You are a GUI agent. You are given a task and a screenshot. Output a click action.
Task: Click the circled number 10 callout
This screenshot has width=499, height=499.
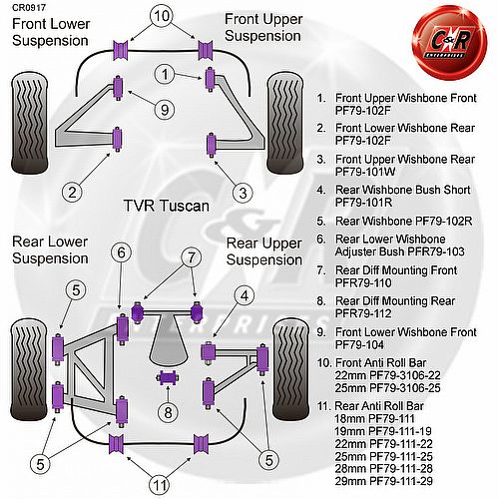tap(162, 16)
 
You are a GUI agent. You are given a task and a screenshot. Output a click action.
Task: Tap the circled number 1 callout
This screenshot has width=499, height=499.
tap(165, 74)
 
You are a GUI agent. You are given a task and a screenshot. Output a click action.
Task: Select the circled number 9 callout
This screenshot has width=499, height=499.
tap(165, 110)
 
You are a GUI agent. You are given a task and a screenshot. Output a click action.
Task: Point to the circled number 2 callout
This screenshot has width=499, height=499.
tap(73, 193)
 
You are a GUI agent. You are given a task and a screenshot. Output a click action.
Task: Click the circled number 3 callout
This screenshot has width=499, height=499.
tap(243, 193)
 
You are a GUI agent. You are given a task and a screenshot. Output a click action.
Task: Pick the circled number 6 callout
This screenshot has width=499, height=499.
tap(121, 252)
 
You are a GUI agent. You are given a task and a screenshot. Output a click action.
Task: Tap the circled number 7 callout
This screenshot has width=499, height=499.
tap(192, 257)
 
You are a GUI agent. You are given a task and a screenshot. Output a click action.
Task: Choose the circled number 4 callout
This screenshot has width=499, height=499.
tap(245, 295)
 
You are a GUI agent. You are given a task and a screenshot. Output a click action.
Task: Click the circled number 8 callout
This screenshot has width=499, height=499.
tap(168, 412)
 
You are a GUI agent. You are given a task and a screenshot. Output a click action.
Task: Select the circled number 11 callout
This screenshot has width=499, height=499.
tap(160, 486)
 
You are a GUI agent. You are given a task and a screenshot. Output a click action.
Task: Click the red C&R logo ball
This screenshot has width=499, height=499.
tap(450, 43)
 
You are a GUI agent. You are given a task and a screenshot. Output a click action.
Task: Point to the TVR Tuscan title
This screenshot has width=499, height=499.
tap(167, 206)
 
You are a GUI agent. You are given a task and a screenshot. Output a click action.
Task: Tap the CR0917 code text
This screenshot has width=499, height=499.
tap(29, 7)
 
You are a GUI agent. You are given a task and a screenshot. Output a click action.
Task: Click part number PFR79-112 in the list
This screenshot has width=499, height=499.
tap(363, 313)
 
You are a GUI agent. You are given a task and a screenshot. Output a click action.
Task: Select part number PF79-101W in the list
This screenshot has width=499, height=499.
tap(365, 172)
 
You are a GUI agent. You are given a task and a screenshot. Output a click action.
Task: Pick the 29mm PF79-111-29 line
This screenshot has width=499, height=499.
tap(384, 481)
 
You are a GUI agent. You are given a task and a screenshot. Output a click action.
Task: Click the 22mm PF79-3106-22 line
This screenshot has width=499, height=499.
tap(387, 375)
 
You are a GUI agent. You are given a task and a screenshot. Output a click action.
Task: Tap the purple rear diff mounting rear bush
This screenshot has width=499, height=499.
tap(168, 378)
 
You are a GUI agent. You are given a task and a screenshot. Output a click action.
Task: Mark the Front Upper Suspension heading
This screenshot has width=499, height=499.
tap(263, 27)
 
